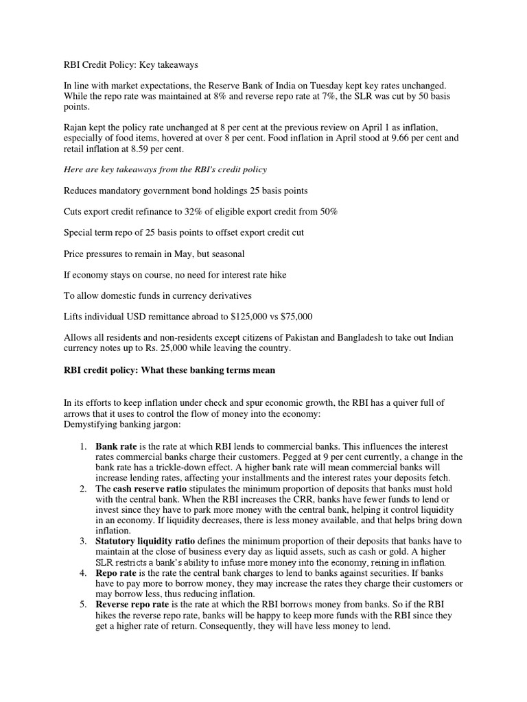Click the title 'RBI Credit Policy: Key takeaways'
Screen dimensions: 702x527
click(x=130, y=65)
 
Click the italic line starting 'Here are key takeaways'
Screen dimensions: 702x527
click(x=165, y=169)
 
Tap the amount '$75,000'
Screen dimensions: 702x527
click(x=296, y=317)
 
